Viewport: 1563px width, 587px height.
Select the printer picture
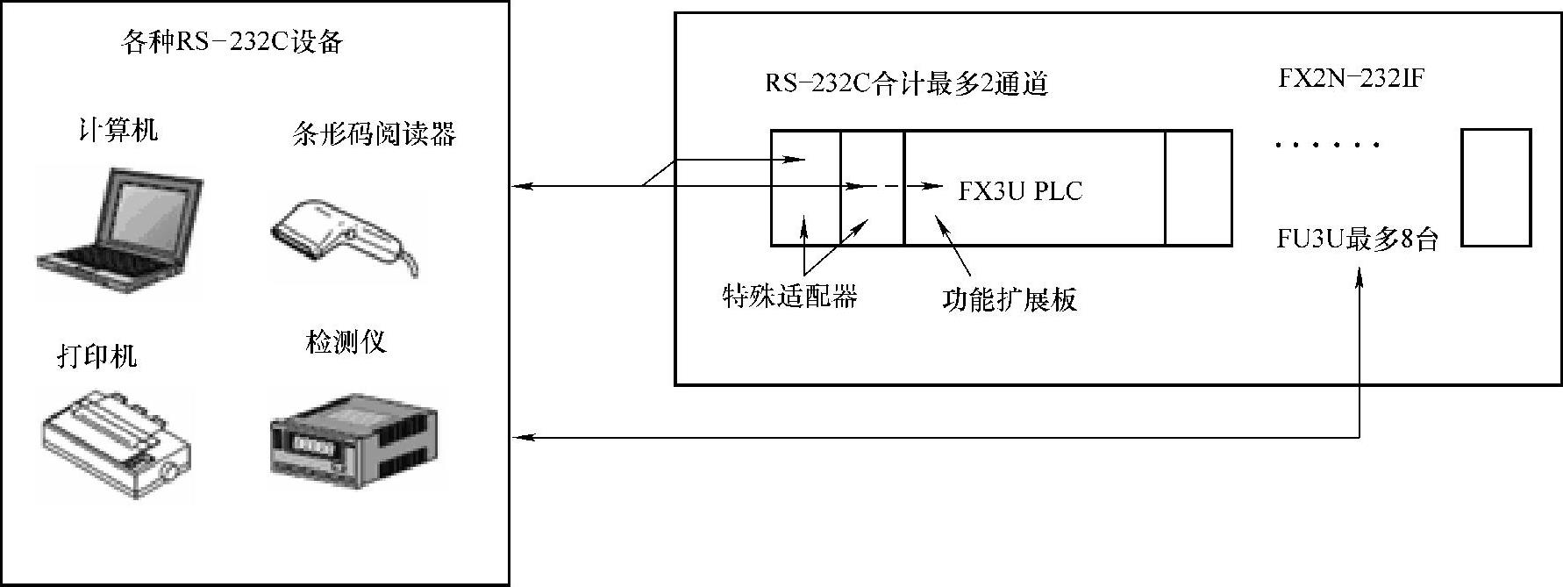coord(115,444)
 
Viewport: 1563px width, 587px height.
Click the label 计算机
coord(119,131)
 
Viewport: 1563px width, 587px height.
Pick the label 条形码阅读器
coord(374,133)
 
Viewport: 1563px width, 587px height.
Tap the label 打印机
coord(97,355)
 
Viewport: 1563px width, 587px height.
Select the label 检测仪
coord(346,341)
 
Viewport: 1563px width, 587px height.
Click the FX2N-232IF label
coord(1351,79)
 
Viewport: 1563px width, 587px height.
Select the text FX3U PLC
coord(1020,191)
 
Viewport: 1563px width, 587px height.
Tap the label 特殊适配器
coord(789,297)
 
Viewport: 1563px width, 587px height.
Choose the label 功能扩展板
coord(1009,299)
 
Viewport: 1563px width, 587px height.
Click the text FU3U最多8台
coord(1358,239)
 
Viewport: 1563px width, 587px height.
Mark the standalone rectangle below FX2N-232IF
coord(1496,188)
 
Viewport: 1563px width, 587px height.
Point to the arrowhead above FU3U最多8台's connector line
coord(1360,278)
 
